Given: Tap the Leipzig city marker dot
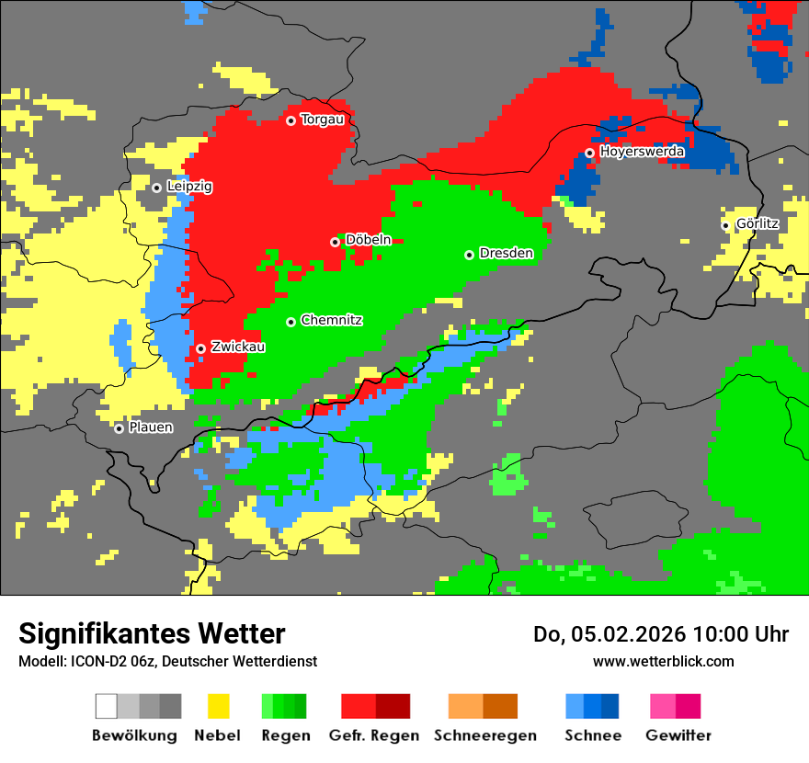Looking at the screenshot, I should pos(156,188).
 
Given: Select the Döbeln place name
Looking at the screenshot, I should pos(368,240).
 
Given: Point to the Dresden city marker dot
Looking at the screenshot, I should pos(469,255).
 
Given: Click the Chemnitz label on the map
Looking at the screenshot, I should pos(331,320).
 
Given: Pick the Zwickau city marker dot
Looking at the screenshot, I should pos(200,348).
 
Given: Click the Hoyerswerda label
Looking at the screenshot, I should pos(642,151).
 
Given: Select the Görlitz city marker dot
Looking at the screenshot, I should pos(725,225).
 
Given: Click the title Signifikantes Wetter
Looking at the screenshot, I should pos(152,634).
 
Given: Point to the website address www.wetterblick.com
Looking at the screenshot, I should pos(663,662).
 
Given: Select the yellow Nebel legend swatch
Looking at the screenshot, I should pos(218,706).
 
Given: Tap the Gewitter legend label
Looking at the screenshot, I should pos(678,735).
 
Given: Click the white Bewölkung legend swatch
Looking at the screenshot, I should pos(106,706).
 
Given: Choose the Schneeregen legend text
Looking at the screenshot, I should pos(484,735).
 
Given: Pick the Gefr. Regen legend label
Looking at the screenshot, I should pos(374,735).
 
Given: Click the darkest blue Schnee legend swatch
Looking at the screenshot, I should pos(610,706).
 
